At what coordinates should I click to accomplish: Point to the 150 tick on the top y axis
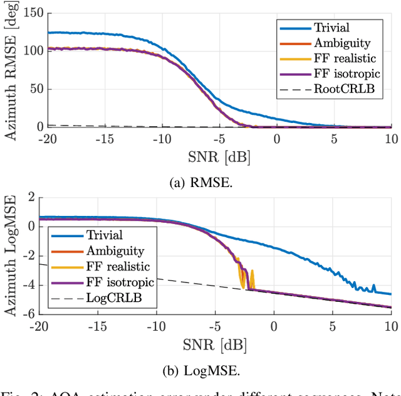(x=26, y=13)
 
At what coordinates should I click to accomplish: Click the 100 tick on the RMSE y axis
(x=26, y=51)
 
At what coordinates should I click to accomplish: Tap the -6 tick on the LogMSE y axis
(x=28, y=313)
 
